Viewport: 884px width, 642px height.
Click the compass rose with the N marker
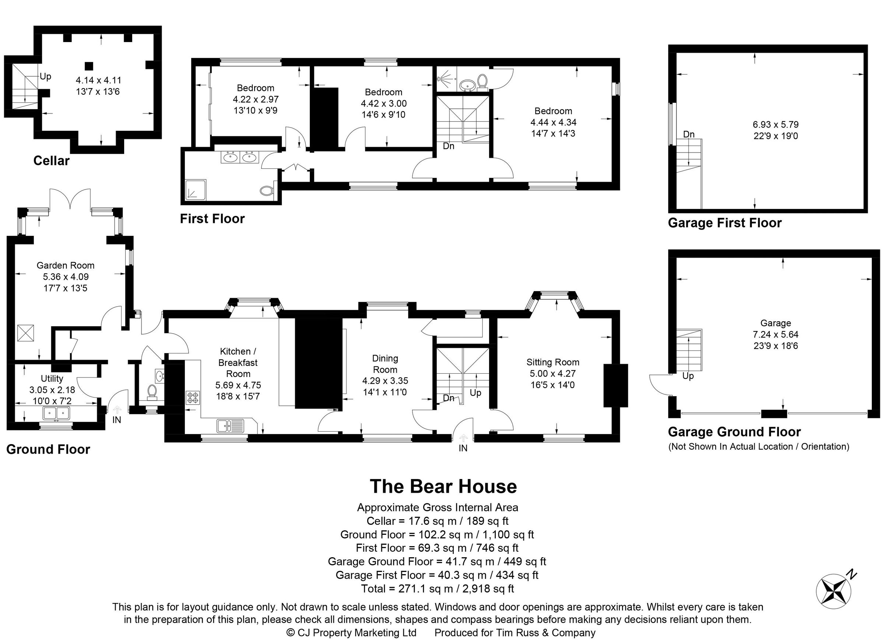[833, 592]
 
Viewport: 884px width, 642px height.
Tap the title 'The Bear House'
[443, 486]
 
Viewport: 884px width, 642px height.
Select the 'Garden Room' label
[66, 266]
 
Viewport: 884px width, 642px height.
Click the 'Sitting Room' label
[553, 362]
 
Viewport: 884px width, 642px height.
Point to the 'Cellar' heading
[51, 161]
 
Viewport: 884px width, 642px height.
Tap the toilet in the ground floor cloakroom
[152, 391]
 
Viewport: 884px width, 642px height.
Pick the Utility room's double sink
[57, 413]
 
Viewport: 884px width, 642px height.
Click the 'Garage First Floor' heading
[725, 223]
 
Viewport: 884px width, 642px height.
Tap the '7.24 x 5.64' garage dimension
[776, 334]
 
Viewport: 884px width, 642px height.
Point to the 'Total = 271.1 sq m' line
[437, 589]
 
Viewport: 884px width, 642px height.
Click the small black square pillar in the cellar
[89, 66]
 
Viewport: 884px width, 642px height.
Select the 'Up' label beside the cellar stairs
[45, 76]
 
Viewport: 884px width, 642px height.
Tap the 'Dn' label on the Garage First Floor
[689, 135]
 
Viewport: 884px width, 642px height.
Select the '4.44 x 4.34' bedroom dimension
[553, 122]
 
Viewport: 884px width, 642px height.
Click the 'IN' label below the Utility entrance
[116, 420]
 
